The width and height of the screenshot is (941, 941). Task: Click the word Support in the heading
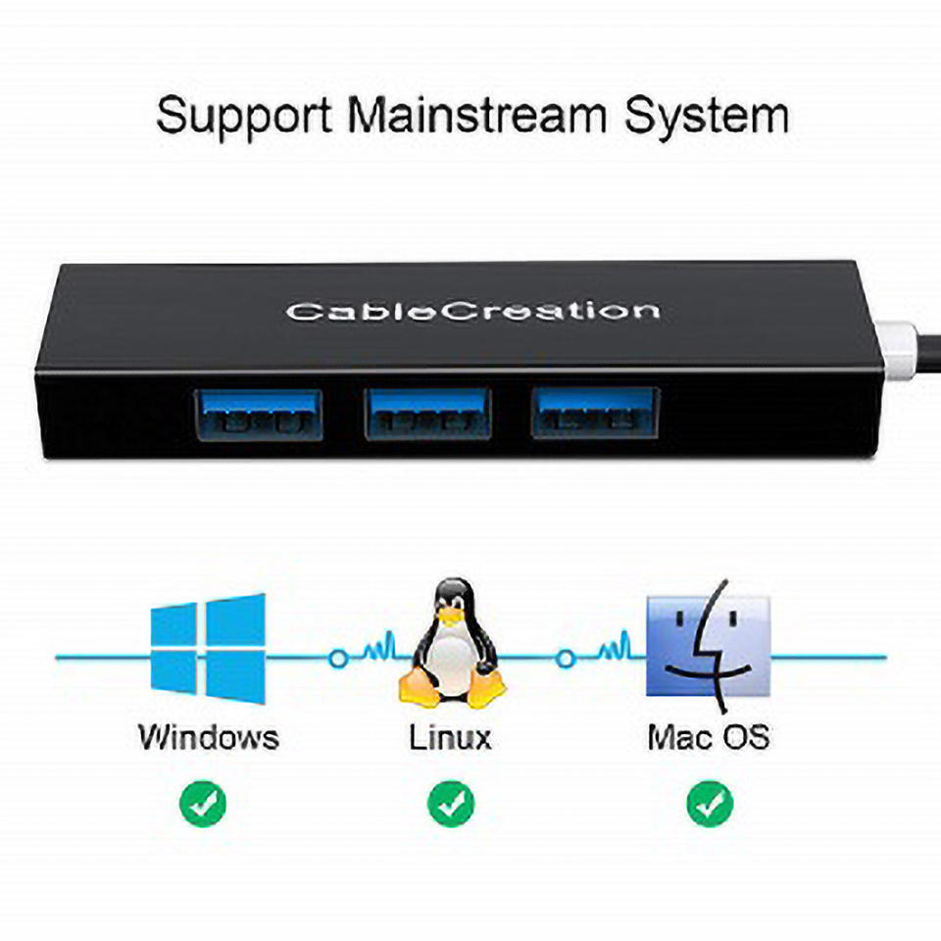click(244, 116)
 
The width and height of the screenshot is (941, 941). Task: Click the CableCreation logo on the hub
click(471, 312)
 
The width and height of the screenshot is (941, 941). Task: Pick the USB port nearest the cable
click(595, 413)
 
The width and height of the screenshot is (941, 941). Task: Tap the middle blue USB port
click(427, 414)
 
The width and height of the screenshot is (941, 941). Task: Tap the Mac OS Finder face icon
click(709, 646)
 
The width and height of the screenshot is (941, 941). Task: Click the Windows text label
click(209, 737)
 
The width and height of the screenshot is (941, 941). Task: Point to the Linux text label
click(450, 737)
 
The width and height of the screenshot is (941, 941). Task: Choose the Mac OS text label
click(709, 737)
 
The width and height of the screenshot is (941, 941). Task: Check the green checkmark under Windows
click(203, 804)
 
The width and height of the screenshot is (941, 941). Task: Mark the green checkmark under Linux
click(451, 804)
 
